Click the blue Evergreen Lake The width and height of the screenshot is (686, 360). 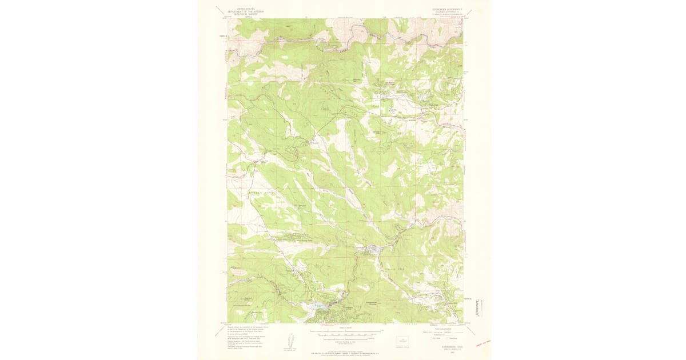[319, 306]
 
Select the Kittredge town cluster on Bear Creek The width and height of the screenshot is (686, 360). [372, 249]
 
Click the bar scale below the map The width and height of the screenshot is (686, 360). [343, 331]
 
